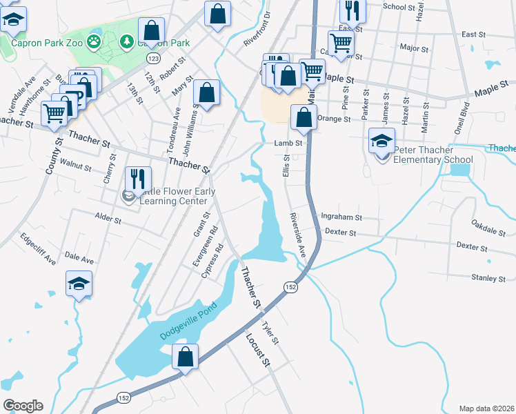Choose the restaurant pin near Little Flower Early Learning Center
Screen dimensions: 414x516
(137, 179)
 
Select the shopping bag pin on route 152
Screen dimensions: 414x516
(184, 357)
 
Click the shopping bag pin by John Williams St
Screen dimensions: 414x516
(206, 92)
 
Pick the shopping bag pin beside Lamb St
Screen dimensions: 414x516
(303, 117)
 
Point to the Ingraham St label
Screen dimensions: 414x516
(341, 217)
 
